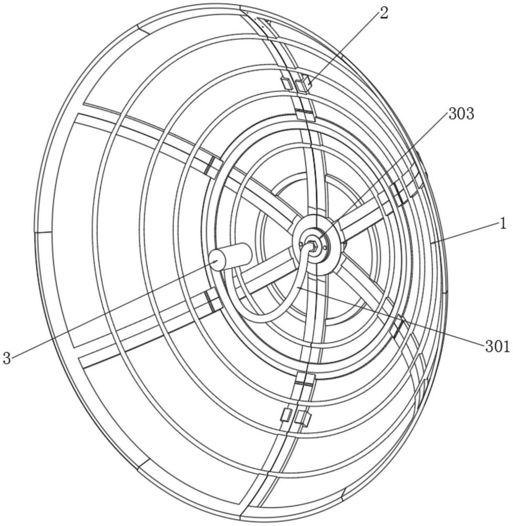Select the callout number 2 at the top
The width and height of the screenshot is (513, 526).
pos(384,14)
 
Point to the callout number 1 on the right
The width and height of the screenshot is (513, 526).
pos(502,224)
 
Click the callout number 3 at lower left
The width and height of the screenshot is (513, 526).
pos(7,359)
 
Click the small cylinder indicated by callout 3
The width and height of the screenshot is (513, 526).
pos(231,258)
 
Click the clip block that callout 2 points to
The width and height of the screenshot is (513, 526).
pos(303,84)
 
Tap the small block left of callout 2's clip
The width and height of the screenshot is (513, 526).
pos(287,83)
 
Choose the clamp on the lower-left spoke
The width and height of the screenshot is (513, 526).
pos(213,301)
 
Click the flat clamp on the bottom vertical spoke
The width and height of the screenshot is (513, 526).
pos(303,380)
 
